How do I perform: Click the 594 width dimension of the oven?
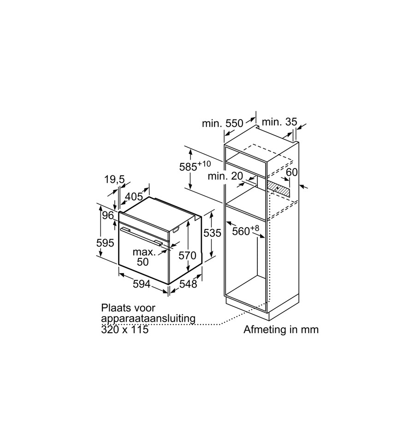[x=142, y=284]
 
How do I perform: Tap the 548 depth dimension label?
[x=188, y=284]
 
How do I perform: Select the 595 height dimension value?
[x=105, y=243]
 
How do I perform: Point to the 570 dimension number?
[x=187, y=256]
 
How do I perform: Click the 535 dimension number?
[x=213, y=233]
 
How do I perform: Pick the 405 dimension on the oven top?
[x=134, y=196]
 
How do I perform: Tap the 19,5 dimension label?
[x=114, y=179]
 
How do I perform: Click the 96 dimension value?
[x=108, y=216]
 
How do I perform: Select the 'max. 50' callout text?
[x=144, y=257]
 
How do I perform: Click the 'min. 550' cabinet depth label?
[x=223, y=123]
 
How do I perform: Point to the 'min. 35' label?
[x=279, y=122]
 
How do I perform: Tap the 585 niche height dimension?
[x=195, y=166]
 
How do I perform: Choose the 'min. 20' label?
[x=225, y=176]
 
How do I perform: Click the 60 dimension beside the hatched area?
[x=292, y=172]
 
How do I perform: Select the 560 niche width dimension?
[x=246, y=230]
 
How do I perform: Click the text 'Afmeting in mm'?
[x=281, y=330]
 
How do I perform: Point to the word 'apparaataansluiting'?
[x=148, y=318]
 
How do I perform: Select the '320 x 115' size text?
[x=125, y=330]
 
